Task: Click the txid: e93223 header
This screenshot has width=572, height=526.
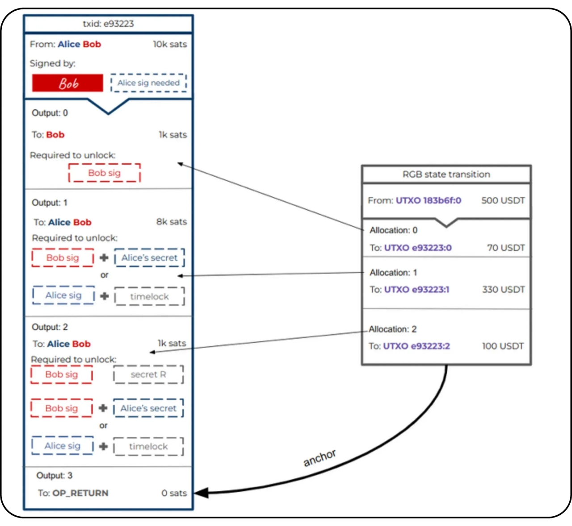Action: point(108,24)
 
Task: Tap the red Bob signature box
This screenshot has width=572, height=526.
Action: point(67,83)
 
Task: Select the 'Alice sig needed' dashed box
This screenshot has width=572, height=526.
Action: point(148,83)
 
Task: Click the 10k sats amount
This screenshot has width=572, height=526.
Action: point(170,44)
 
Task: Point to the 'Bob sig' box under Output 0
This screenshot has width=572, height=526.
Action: point(104,173)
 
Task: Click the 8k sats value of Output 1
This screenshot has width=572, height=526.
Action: point(172,221)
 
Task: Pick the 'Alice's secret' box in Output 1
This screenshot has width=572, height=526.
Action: point(149,258)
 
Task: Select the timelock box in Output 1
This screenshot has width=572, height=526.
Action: point(149,296)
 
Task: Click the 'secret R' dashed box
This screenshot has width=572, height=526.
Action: point(148,374)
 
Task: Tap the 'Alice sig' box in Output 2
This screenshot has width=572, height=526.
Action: point(62,446)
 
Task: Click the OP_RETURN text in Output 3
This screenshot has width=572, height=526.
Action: point(80,493)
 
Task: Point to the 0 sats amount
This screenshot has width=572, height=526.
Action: point(174,493)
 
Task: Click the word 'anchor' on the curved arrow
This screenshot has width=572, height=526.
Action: point(320,458)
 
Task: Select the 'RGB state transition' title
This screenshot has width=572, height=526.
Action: point(446,174)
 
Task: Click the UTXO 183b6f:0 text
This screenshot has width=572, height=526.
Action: point(428,200)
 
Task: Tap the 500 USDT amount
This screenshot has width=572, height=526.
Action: point(503,200)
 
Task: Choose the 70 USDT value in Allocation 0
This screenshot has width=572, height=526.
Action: point(506,248)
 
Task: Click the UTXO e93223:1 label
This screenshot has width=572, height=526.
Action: point(416,289)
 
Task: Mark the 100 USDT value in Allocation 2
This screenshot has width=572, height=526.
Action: point(503,346)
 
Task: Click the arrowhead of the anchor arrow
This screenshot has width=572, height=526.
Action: point(200,493)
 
